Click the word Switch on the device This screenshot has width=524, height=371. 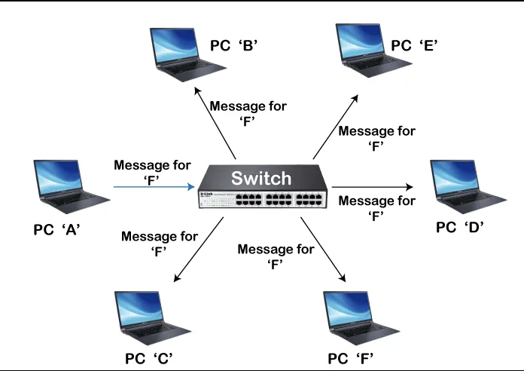[x=260, y=178]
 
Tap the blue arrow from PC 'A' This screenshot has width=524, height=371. [x=154, y=185]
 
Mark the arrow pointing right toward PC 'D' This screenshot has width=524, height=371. [x=373, y=185]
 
